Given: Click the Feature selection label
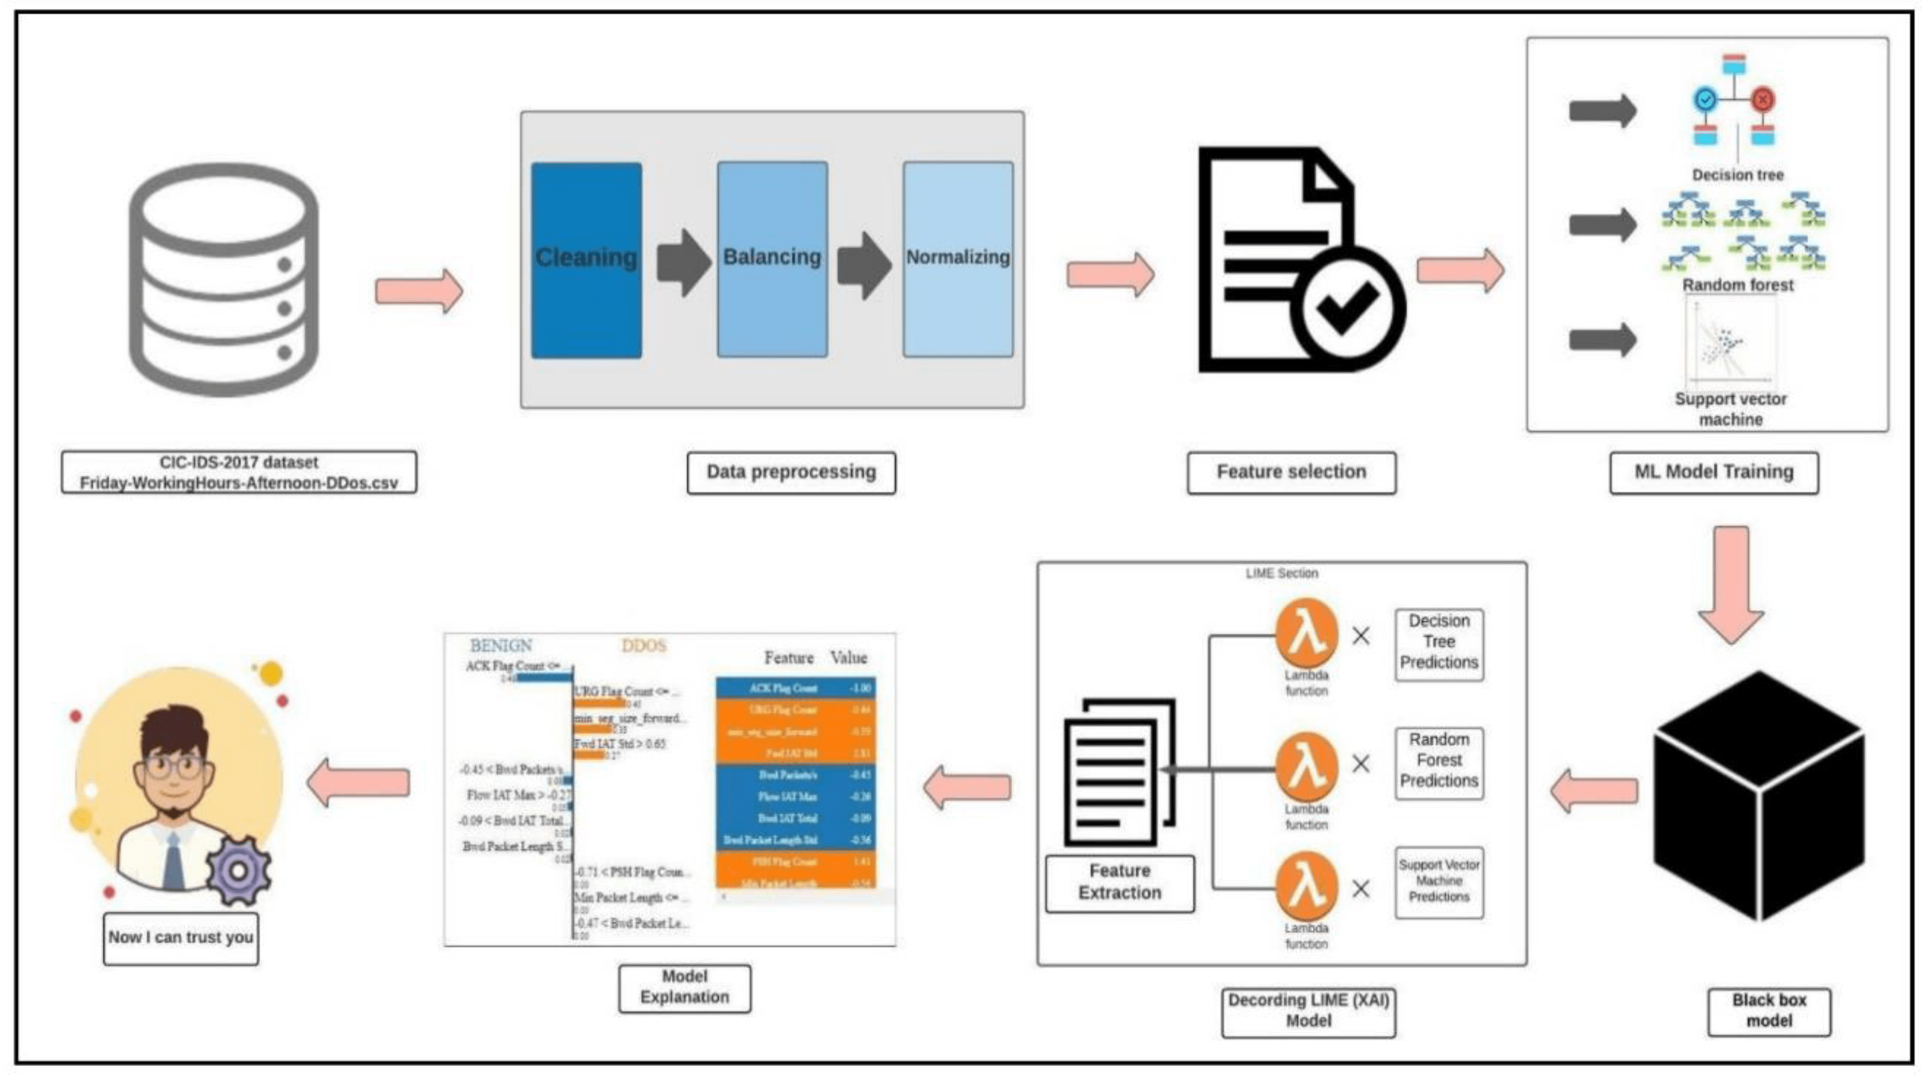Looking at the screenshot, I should point(1291,472).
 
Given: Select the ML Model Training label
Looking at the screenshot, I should point(1714,472).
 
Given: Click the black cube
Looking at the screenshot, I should point(1759,796).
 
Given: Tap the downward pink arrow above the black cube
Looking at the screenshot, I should point(1731,583).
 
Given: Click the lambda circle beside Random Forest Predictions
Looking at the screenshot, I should point(1306,763).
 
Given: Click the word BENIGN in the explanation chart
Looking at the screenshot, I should point(501,645).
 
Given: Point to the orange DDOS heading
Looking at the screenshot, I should point(643,645).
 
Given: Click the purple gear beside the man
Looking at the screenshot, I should point(238,871).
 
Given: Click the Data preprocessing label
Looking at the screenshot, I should point(791,472).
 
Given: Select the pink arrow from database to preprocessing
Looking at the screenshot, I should point(419,291).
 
